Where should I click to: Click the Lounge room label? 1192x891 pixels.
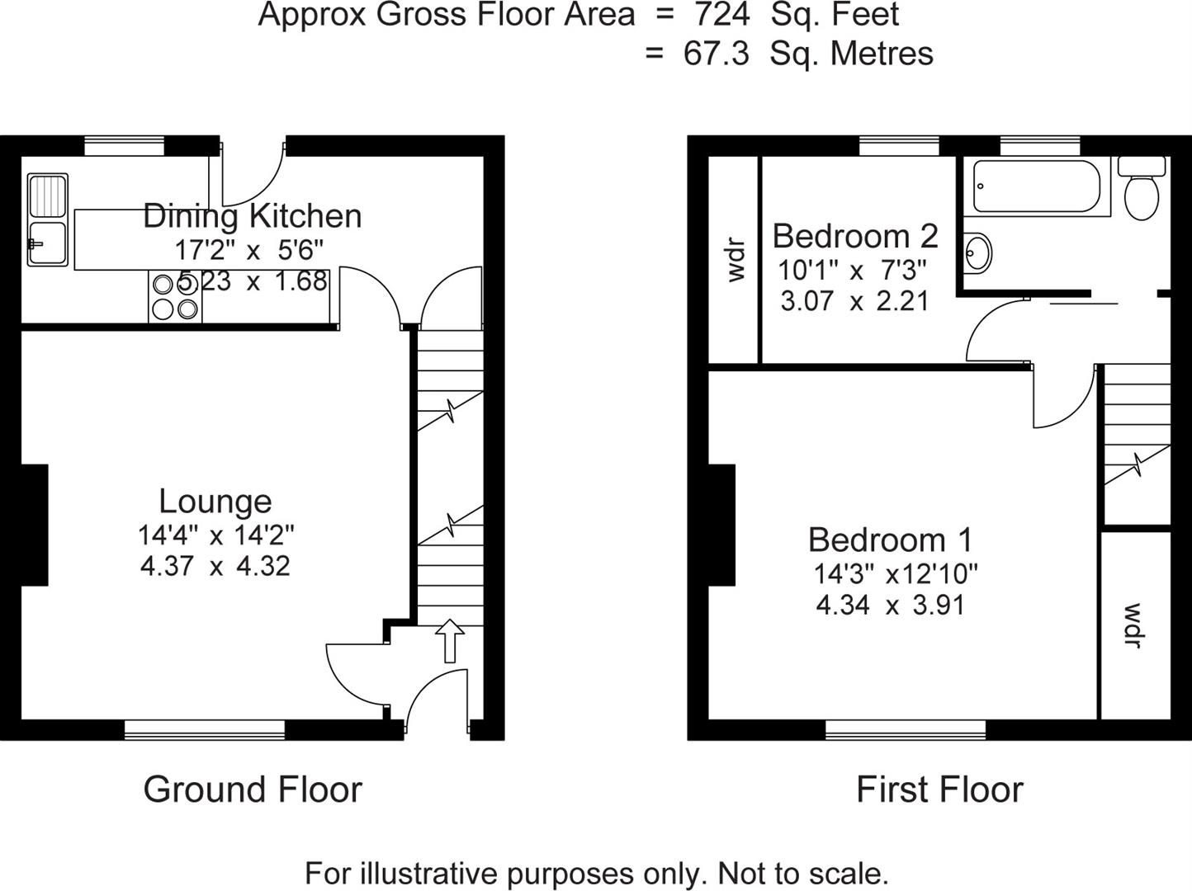click(215, 502)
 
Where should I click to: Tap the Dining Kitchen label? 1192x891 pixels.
click(252, 216)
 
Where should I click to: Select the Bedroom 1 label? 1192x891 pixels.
click(890, 540)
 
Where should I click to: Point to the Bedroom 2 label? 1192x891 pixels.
click(855, 237)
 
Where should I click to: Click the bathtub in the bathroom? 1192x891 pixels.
click(1036, 186)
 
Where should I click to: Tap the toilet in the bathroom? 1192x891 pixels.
click(1142, 190)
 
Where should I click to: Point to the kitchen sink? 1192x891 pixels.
click(47, 220)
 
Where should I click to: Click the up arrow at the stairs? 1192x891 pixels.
click(450, 641)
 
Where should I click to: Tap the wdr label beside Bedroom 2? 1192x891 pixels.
click(735, 260)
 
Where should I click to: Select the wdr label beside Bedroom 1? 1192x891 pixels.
click(1134, 625)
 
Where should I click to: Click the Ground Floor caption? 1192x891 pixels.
click(253, 790)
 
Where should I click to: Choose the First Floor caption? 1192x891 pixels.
click(939, 790)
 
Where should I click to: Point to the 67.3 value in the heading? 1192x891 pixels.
click(716, 54)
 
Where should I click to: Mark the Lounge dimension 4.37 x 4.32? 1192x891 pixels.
click(215, 567)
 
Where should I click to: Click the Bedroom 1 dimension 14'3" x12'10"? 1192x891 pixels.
click(896, 573)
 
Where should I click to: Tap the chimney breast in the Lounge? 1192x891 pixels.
click(34, 525)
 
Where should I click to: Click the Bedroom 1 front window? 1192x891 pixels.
click(906, 728)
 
